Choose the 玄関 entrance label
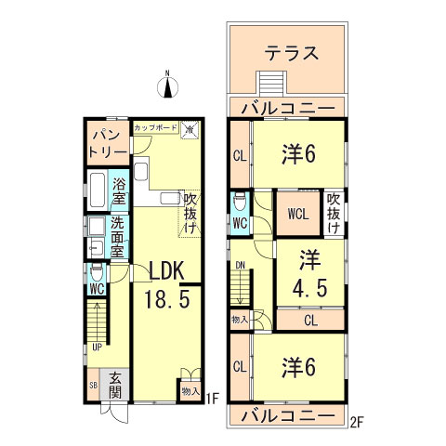tap(114, 386)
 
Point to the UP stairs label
tap(97, 348)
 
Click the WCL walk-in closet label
tap(297, 214)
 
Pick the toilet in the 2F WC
tap(239, 201)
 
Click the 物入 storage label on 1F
tap(190, 391)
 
